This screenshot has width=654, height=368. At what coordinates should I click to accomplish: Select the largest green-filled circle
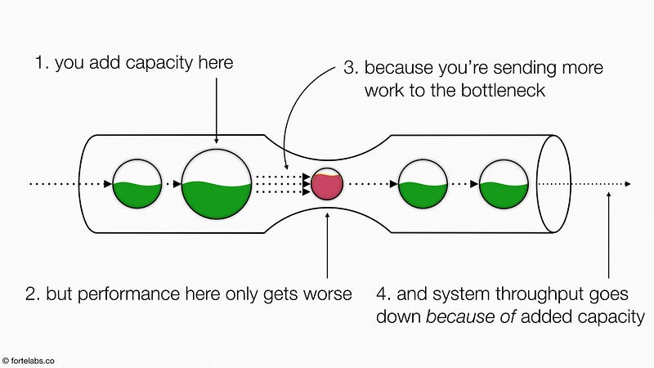(216, 185)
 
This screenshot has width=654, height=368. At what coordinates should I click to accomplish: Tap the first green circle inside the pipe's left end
(137, 184)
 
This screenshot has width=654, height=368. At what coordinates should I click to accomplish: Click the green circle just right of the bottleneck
(423, 184)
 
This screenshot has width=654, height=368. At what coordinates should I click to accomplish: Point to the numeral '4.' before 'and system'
(385, 293)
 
